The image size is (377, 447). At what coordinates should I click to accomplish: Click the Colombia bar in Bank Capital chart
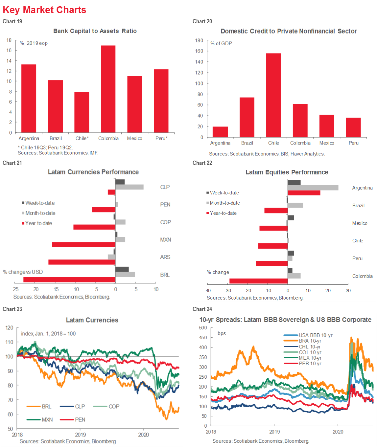point(108,89)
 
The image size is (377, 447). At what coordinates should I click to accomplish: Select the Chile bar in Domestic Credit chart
point(273,95)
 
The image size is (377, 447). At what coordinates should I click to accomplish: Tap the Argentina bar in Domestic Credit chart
point(220,132)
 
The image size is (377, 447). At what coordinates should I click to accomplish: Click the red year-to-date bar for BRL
point(69,279)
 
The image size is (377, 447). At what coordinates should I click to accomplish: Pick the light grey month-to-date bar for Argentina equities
point(313,188)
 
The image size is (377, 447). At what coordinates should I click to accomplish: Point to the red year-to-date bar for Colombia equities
point(258,281)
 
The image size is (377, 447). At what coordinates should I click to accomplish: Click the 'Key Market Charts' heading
point(44,10)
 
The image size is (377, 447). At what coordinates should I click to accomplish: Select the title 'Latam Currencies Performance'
point(93,172)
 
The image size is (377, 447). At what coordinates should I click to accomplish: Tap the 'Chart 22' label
point(202,163)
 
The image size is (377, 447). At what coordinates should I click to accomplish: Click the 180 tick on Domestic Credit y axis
point(199,40)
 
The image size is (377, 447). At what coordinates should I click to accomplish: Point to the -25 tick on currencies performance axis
point(15,289)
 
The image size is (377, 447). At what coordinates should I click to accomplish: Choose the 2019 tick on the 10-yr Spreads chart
point(274,432)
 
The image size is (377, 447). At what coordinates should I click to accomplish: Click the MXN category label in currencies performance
point(165,240)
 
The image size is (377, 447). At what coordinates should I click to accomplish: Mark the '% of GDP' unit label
point(221,43)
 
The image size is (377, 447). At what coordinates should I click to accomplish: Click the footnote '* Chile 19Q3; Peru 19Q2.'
point(45,147)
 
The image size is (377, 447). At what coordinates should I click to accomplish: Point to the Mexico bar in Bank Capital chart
point(135,104)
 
